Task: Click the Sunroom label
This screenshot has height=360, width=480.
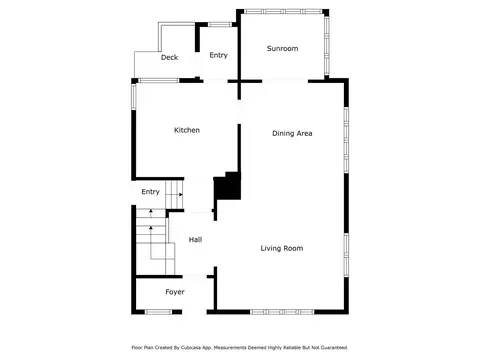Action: tap(282, 48)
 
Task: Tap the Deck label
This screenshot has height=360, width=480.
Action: tap(169, 57)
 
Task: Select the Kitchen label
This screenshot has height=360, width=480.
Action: tap(187, 130)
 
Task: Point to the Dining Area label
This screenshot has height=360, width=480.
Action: tap(292, 133)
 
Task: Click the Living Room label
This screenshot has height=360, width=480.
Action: tap(282, 248)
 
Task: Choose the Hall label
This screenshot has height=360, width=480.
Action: tap(195, 240)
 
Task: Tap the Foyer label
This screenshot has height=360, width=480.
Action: tap(175, 292)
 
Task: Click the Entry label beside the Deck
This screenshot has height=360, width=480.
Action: tap(218, 55)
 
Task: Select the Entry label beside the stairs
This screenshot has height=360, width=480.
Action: tap(150, 192)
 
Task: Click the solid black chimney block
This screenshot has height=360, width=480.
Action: tap(228, 187)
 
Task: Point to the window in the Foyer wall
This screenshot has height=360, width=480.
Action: tap(158, 312)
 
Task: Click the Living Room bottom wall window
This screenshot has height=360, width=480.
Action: tap(282, 312)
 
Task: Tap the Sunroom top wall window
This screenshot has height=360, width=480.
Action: tap(283, 11)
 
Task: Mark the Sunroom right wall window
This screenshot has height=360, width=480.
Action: tap(327, 45)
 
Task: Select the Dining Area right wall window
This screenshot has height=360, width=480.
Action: tap(346, 140)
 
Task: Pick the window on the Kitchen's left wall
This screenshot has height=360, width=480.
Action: tap(134, 97)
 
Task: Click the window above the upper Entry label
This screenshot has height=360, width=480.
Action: tap(220, 24)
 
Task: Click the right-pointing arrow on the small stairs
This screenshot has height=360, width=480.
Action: tap(179, 194)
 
